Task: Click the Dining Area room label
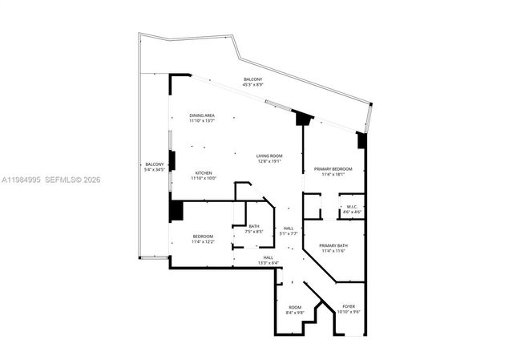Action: click(x=201, y=115)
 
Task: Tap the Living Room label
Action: click(x=269, y=156)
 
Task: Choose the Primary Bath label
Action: click(x=333, y=245)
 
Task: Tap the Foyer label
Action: click(x=349, y=306)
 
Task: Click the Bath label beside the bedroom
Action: click(x=253, y=226)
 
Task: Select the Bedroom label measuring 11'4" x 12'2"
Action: click(x=202, y=236)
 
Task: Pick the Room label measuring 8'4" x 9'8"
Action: click(x=295, y=308)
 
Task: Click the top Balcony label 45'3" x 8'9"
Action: click(x=252, y=79)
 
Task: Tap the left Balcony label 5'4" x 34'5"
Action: click(x=154, y=164)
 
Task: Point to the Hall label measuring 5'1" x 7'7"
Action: click(x=289, y=228)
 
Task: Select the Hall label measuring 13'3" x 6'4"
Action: click(x=268, y=257)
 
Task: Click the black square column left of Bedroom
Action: click(x=176, y=210)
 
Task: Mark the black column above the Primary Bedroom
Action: click(x=304, y=119)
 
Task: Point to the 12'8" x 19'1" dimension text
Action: click(x=269, y=160)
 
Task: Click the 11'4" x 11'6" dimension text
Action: click(x=333, y=251)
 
